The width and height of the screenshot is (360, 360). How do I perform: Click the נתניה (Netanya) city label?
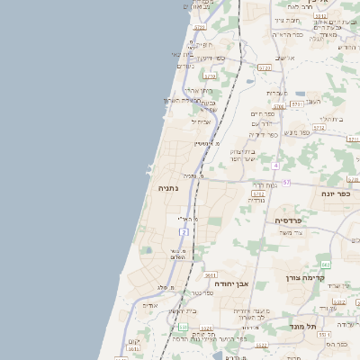(167, 188)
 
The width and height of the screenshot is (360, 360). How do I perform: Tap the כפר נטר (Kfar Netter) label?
(202, 293)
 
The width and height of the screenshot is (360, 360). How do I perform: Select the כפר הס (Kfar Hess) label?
(337, 344)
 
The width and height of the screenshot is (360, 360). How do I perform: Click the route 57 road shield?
(286, 182)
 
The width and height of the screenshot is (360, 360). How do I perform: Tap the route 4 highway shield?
(274, 166)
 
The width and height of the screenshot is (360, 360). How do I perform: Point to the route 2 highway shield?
(184, 232)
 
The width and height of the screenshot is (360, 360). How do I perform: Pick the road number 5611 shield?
(210, 274)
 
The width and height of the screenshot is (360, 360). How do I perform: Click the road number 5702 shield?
(257, 193)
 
